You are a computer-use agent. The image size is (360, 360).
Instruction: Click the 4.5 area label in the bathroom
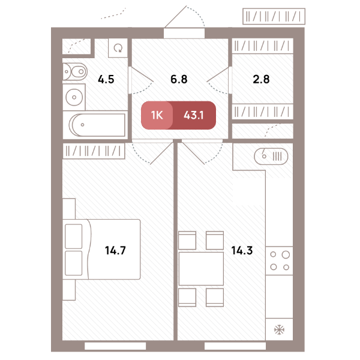pos(106,79)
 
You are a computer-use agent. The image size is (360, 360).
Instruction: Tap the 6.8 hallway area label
pos(179,79)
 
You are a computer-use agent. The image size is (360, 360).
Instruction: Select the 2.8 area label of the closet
pos(261,79)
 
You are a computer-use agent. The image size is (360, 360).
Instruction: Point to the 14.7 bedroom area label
pos(115,250)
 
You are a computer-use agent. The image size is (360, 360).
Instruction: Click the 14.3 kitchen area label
pos(242,250)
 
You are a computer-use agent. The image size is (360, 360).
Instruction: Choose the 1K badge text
pos(157,115)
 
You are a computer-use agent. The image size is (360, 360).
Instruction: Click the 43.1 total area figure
pos(194,115)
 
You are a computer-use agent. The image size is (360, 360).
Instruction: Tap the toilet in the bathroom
pos(75,71)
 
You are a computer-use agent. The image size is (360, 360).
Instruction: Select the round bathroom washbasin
pos(74,97)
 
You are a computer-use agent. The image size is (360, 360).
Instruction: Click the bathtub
pos(97,125)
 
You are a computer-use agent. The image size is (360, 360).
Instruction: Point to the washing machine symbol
pos(118,48)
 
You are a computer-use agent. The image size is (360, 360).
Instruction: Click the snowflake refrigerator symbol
pos(279,329)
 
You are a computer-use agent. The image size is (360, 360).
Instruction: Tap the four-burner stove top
pos(280,261)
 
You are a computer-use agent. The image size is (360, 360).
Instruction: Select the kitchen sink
pos(271,157)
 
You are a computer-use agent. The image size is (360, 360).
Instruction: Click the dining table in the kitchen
pos(201,269)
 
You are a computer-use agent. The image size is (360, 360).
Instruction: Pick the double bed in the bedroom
pos(101,250)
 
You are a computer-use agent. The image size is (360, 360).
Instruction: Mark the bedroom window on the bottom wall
pos(115,346)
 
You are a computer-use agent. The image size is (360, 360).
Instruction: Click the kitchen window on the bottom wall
pos(235,346)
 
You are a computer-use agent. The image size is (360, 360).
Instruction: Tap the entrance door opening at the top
pos(184,33)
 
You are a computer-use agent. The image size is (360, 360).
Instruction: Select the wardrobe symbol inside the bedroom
pos(94,151)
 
